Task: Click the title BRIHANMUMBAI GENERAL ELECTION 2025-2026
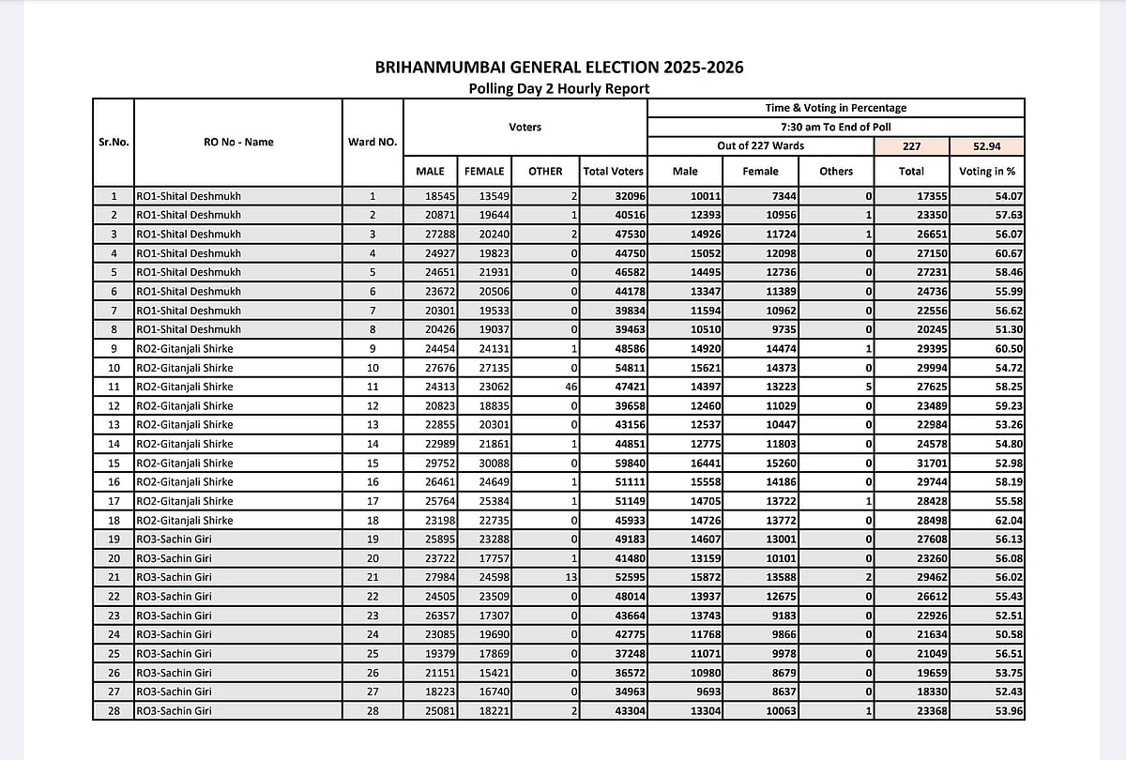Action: [x=559, y=68]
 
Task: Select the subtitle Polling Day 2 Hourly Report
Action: [x=559, y=89]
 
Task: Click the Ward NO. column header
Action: [x=373, y=143]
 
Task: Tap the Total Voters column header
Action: [x=613, y=172]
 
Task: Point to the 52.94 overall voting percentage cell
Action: [x=986, y=146]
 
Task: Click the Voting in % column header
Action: [x=986, y=172]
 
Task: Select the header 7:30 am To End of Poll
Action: [x=835, y=127]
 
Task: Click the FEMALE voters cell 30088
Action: [x=485, y=463]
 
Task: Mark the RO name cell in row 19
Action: [x=237, y=540]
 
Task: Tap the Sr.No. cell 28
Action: [x=114, y=710]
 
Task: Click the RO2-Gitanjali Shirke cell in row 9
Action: [x=237, y=349]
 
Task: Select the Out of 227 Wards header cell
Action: [x=759, y=146]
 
